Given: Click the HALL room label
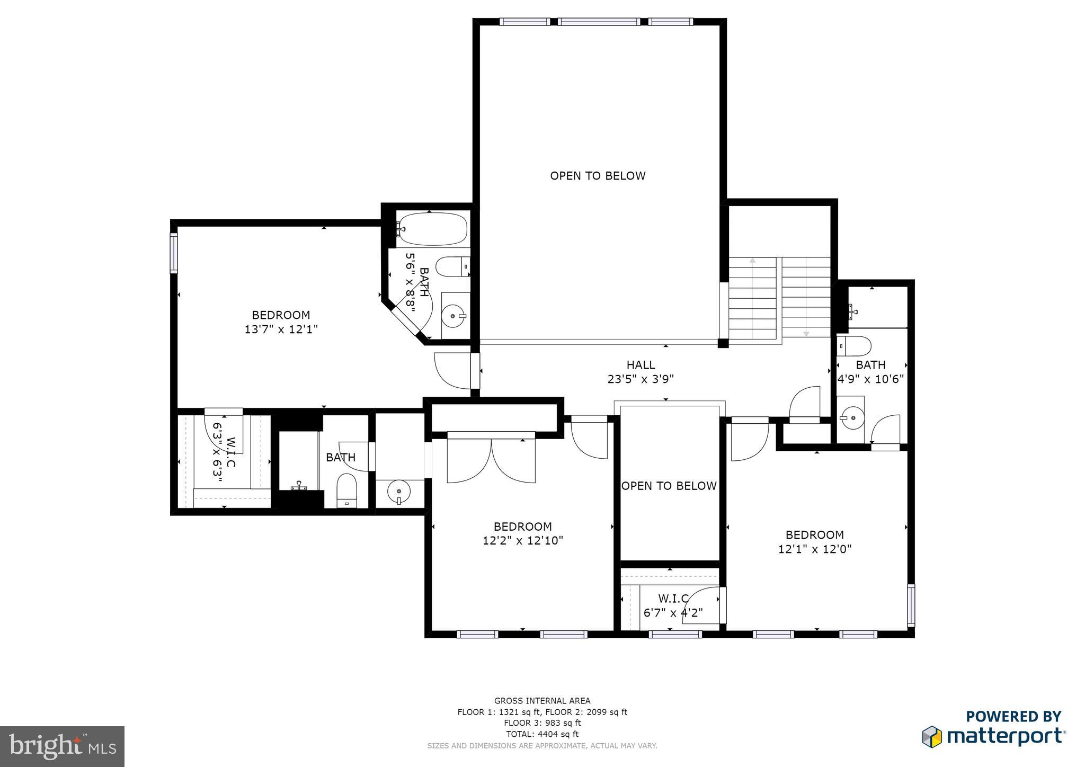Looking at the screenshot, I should (x=641, y=365).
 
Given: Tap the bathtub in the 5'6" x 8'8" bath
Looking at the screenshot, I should (x=432, y=229).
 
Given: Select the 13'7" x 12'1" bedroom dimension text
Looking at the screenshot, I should (x=281, y=329).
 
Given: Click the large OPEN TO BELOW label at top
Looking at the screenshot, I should (x=598, y=176).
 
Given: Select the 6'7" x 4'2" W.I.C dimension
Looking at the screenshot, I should (x=673, y=613).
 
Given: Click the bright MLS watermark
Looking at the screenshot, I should (x=62, y=746).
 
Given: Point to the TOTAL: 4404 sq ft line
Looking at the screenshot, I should (x=542, y=734).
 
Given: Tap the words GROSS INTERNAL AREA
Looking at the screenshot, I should (x=542, y=701).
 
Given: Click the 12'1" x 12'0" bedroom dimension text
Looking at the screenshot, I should (x=814, y=549).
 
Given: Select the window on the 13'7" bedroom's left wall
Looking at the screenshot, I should (x=173, y=253).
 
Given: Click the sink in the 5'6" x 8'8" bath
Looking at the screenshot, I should (x=455, y=316).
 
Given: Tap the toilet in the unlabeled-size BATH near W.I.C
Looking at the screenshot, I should (x=347, y=490).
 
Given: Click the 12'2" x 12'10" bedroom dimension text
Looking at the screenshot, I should (x=522, y=541).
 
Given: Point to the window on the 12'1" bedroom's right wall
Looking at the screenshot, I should (x=911, y=605).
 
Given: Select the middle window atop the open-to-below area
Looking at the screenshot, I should (x=599, y=22).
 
